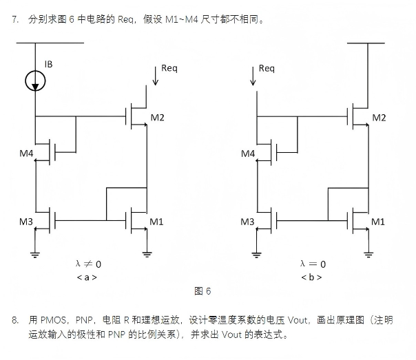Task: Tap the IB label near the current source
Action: (48, 64)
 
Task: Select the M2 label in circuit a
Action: (157, 118)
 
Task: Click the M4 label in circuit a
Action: (26, 153)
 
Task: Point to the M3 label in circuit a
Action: (26, 222)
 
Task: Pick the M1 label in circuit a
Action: (156, 222)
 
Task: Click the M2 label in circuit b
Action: (379, 118)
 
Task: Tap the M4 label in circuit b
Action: (248, 153)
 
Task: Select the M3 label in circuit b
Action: (247, 222)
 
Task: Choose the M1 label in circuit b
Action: (378, 222)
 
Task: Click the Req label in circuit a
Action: (169, 68)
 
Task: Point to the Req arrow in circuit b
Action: (253, 76)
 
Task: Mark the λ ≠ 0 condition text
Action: (88, 264)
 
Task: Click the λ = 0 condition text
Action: (313, 264)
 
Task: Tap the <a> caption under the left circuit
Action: (87, 277)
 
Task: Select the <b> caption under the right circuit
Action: (311, 277)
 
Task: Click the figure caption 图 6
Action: (202, 291)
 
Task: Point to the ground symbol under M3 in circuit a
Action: (35, 255)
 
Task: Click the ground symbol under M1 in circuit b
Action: (368, 255)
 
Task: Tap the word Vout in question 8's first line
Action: (298, 320)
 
